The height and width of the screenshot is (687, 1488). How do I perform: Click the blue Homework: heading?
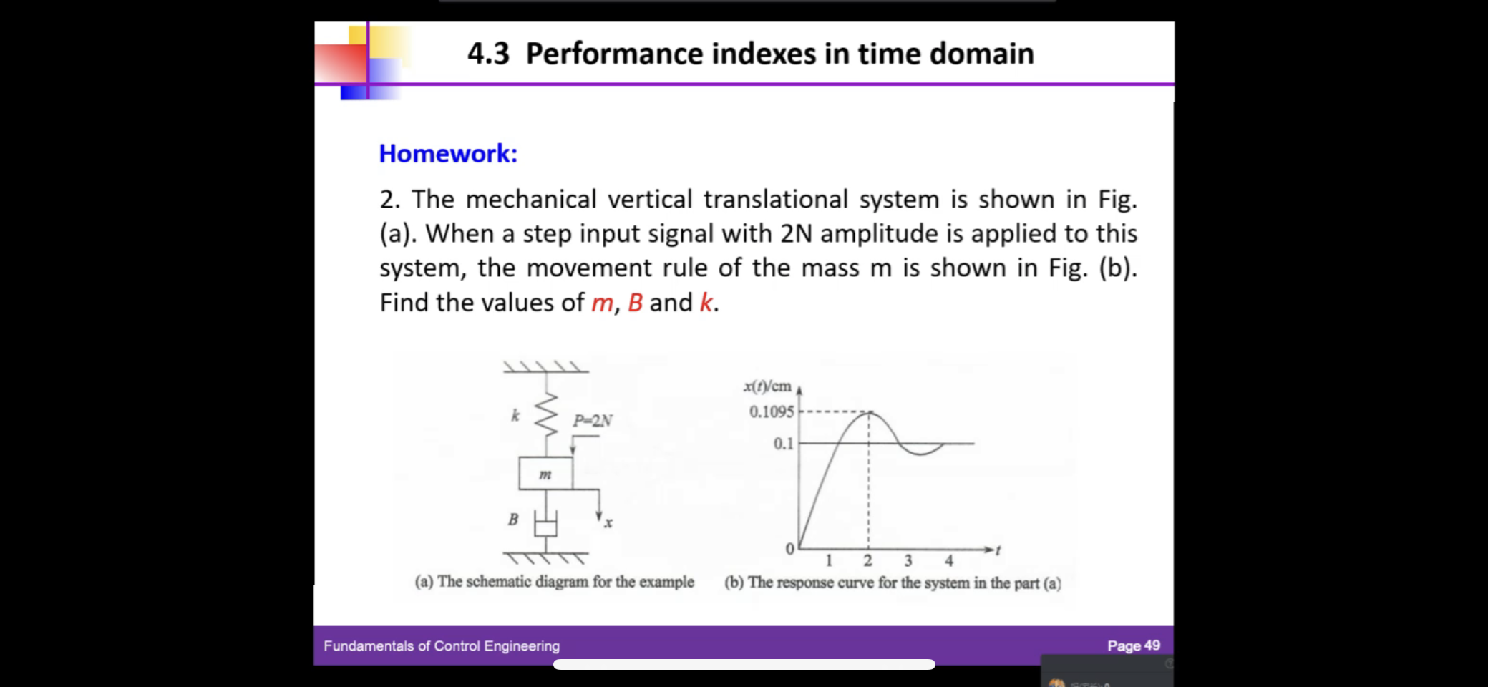click(447, 153)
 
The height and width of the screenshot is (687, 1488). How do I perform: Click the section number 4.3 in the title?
click(488, 54)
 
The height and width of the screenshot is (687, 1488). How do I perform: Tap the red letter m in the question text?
click(602, 303)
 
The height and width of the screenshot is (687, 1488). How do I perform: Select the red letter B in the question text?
click(635, 303)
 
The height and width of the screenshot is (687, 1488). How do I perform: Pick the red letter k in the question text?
click(706, 303)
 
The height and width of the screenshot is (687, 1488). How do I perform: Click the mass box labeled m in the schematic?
click(545, 474)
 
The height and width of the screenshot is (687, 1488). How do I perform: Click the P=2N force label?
click(593, 421)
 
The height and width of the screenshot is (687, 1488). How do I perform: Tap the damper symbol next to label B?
click(545, 525)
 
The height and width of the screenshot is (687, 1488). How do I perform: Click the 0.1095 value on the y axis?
click(771, 411)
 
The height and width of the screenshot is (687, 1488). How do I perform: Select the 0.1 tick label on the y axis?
click(783, 444)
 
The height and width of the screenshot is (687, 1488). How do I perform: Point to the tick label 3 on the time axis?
click(908, 561)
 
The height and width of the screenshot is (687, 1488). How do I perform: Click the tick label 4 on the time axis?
click(948, 561)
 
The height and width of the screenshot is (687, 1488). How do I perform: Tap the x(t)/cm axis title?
click(767, 386)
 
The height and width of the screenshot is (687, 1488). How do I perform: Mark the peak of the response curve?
click(869, 412)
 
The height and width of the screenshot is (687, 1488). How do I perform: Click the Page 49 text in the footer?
click(1133, 645)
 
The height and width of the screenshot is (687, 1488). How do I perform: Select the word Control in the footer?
click(457, 645)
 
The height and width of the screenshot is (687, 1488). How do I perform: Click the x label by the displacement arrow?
click(608, 523)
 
